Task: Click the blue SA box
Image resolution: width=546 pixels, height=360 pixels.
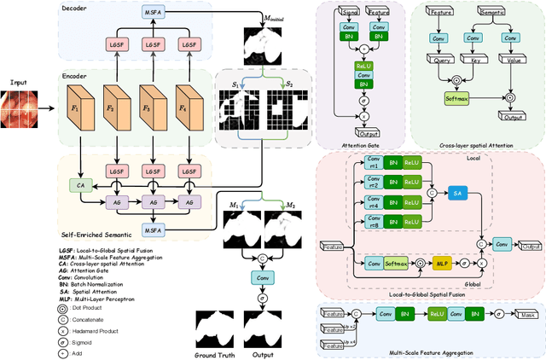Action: tap(459, 195)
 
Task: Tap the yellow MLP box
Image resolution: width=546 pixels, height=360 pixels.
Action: tap(442, 263)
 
